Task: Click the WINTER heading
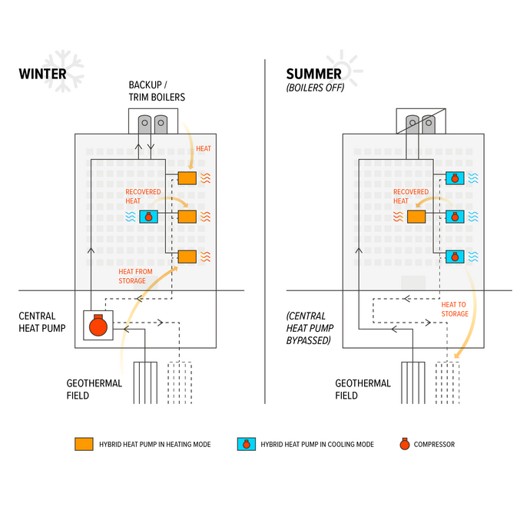(x=42, y=75)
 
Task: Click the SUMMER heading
(x=313, y=75)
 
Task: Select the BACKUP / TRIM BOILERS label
(x=157, y=91)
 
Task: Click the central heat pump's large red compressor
(x=98, y=326)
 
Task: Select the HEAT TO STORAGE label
(x=454, y=309)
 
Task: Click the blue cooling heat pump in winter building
(x=148, y=217)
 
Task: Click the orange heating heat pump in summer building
(x=416, y=217)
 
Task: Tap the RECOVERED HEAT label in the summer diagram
(x=411, y=197)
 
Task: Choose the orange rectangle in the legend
(x=84, y=444)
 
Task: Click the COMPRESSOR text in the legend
(x=434, y=444)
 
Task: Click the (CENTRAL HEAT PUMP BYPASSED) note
(x=308, y=328)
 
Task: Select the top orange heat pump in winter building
(x=187, y=178)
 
